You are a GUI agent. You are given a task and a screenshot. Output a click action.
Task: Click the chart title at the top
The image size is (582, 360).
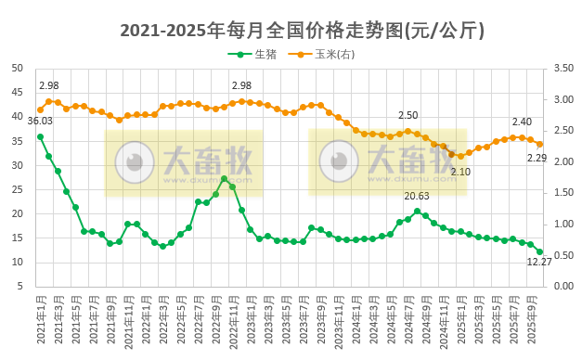[291, 30]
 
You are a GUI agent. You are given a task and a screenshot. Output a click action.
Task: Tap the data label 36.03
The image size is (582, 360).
[40, 121]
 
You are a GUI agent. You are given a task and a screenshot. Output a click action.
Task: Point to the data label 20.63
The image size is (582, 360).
[417, 196]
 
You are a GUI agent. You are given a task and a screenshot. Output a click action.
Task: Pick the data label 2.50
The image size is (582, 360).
[407, 115]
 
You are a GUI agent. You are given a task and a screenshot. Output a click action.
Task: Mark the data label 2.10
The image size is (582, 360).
[460, 172]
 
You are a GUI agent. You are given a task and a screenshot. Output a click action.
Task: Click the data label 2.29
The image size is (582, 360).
[537, 158]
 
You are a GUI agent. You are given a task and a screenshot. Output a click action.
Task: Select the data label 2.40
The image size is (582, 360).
[522, 122]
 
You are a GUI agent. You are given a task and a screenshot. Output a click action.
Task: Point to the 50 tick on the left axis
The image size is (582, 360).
[18, 69]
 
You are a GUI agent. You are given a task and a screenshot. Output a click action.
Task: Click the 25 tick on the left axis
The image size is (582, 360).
[18, 189]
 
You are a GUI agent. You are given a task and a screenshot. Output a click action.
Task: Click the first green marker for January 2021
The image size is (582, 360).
[40, 136]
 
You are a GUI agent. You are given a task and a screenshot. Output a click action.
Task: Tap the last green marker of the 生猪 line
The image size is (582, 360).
[539, 251]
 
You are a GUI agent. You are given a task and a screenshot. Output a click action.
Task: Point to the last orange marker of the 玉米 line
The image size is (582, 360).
[539, 144]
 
